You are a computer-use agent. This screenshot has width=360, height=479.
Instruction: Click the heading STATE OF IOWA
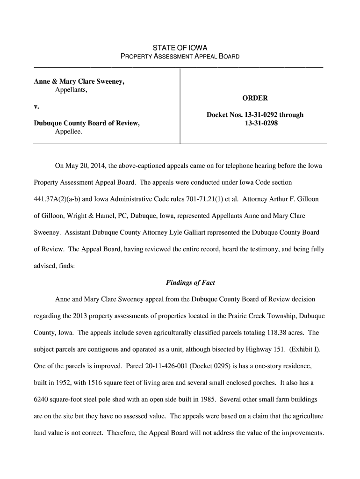click(x=180, y=48)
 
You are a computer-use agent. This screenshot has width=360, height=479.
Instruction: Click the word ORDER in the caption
click(x=255, y=98)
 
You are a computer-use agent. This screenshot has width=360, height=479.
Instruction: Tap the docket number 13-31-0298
click(x=255, y=123)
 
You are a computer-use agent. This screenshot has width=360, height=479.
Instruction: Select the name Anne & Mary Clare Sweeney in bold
click(x=79, y=81)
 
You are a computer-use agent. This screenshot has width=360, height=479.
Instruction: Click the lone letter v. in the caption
click(x=36, y=107)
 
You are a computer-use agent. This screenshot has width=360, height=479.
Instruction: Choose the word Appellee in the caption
click(x=68, y=132)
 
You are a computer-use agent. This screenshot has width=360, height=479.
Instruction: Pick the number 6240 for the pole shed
click(x=43, y=399)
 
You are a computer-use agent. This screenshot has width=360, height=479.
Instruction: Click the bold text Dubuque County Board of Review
click(x=86, y=123)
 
